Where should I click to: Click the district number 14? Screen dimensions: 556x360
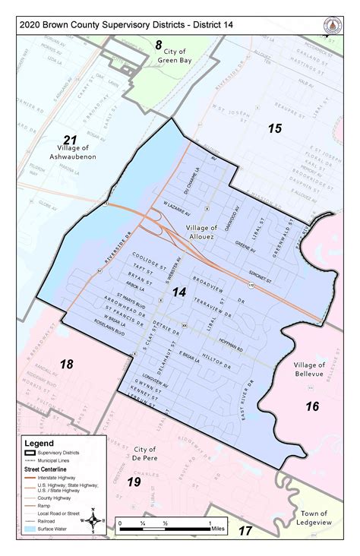pyautogui.click(x=180, y=292)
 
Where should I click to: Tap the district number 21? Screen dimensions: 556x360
pyautogui.click(x=71, y=140)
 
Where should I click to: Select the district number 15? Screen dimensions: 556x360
pyautogui.click(x=274, y=128)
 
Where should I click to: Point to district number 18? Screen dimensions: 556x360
pyautogui.click(x=67, y=364)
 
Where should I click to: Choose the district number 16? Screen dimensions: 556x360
pyautogui.click(x=312, y=406)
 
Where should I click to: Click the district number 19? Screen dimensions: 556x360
pyautogui.click(x=134, y=482)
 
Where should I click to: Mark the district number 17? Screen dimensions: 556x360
pyautogui.click(x=245, y=530)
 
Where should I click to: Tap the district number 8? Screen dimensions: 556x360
pyautogui.click(x=159, y=45)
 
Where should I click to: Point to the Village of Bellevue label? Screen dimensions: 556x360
pyautogui.click(x=314, y=370)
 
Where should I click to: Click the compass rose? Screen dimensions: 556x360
pyautogui.click(x=93, y=520)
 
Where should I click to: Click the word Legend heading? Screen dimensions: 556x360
pyautogui.click(x=39, y=441)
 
